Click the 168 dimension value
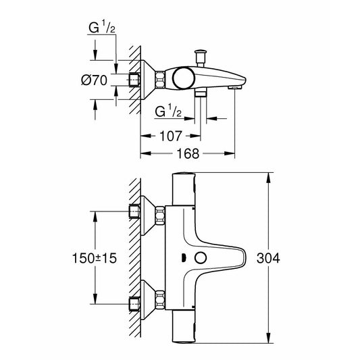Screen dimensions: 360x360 tap(187, 153)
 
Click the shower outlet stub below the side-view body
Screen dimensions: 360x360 tap(200, 95)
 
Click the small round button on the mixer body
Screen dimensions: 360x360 tap(201, 257)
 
